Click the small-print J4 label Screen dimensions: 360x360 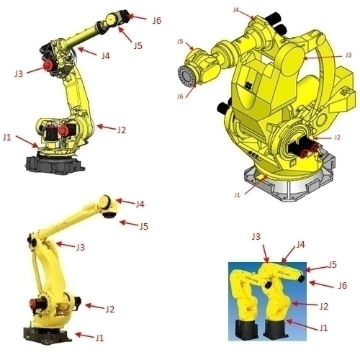click(237, 11)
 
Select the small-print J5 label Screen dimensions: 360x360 click(180, 42)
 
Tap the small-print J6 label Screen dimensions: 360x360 click(180, 96)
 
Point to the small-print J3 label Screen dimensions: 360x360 click(348, 55)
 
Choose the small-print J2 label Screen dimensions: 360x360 click(337, 137)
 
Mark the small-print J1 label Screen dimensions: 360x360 click(238, 194)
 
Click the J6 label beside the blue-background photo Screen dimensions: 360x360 click(342, 286)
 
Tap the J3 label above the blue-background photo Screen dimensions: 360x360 click(256, 237)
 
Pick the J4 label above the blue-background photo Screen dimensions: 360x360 click(301, 245)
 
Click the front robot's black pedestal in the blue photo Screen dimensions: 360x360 click(276, 330)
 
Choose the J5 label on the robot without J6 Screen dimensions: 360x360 click(143, 226)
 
